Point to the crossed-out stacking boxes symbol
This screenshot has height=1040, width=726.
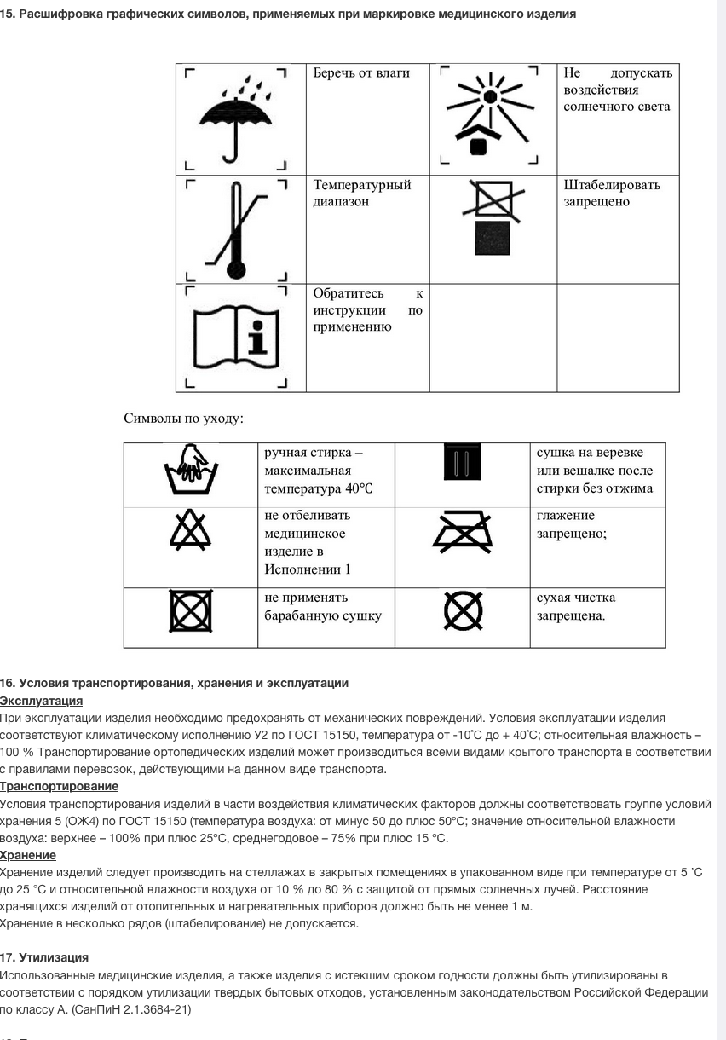point(493,218)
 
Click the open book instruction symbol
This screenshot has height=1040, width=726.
point(236,338)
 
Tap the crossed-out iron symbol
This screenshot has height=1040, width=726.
point(463,532)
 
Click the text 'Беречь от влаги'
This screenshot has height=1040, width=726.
point(361,73)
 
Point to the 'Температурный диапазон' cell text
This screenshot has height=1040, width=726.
point(362,194)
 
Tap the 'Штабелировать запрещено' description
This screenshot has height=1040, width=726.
point(611,194)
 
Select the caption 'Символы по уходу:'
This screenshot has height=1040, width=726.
point(184,419)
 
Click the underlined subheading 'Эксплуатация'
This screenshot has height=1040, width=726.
point(41,701)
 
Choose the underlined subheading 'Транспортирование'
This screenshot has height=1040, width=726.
point(59,786)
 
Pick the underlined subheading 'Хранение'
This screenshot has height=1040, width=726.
point(28,855)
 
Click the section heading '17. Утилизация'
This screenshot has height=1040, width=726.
point(44,958)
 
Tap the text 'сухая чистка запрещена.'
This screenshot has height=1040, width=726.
point(576,606)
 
